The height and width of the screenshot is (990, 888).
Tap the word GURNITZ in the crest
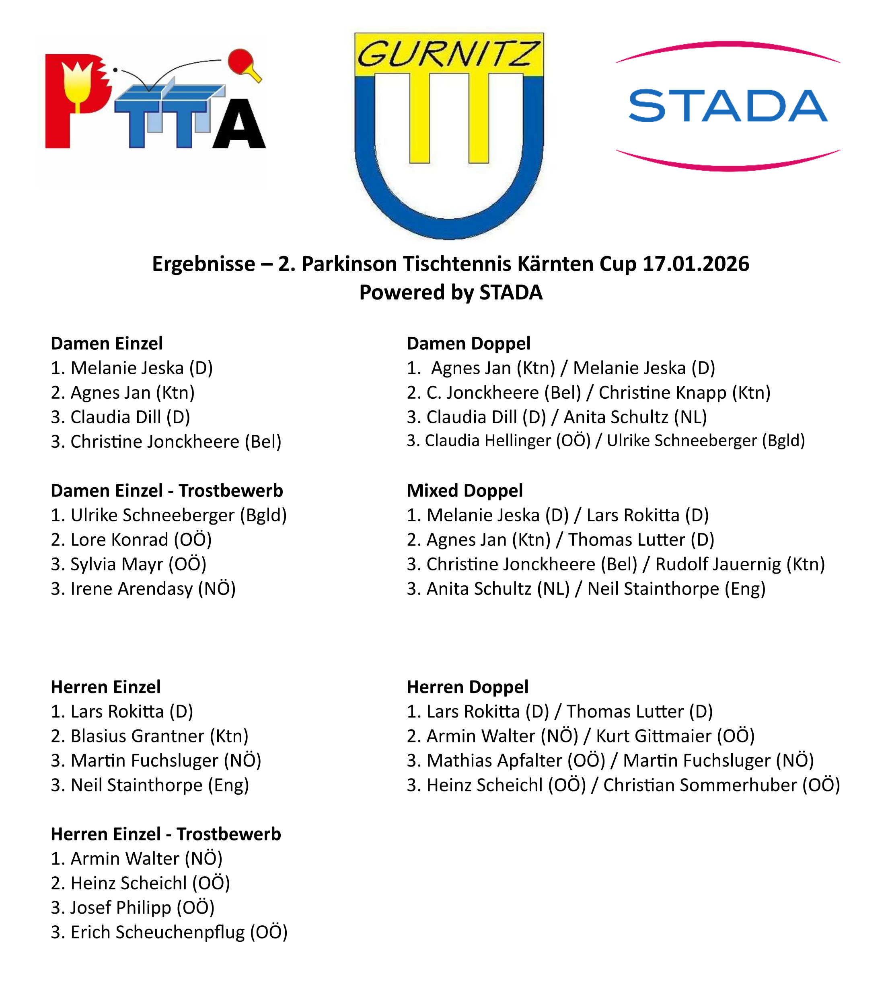pos(448,53)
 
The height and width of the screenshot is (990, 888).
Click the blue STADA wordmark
pos(728,106)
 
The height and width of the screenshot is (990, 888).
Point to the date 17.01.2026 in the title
pos(696,264)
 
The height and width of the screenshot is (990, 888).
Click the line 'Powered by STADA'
pos(451,293)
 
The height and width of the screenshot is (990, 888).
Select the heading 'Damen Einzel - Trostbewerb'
pos(167,491)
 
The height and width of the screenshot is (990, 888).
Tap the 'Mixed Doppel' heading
pos(465,491)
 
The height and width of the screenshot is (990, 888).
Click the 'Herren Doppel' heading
pos(467,687)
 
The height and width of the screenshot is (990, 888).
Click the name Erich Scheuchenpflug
pos(158,932)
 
